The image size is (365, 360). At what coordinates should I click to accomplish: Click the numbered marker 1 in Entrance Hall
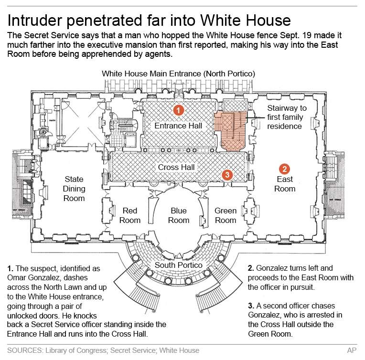pos(178,110)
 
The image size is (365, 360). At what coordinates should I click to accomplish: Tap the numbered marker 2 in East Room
pos(285,169)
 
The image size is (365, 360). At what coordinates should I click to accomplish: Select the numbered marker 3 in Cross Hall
pos(227,175)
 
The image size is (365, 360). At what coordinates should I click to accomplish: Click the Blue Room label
pos(179,215)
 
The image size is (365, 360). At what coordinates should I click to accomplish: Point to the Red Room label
pos(130,215)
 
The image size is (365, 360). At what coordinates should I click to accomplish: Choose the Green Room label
pos(225,215)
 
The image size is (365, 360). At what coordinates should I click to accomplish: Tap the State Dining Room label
pos(74,189)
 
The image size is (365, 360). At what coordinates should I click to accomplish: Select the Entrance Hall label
pos(178,126)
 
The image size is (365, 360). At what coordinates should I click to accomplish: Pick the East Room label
pos(285,184)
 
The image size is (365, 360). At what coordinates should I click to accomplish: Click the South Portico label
pos(178,265)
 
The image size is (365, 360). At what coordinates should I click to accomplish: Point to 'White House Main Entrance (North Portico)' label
pos(178,74)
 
